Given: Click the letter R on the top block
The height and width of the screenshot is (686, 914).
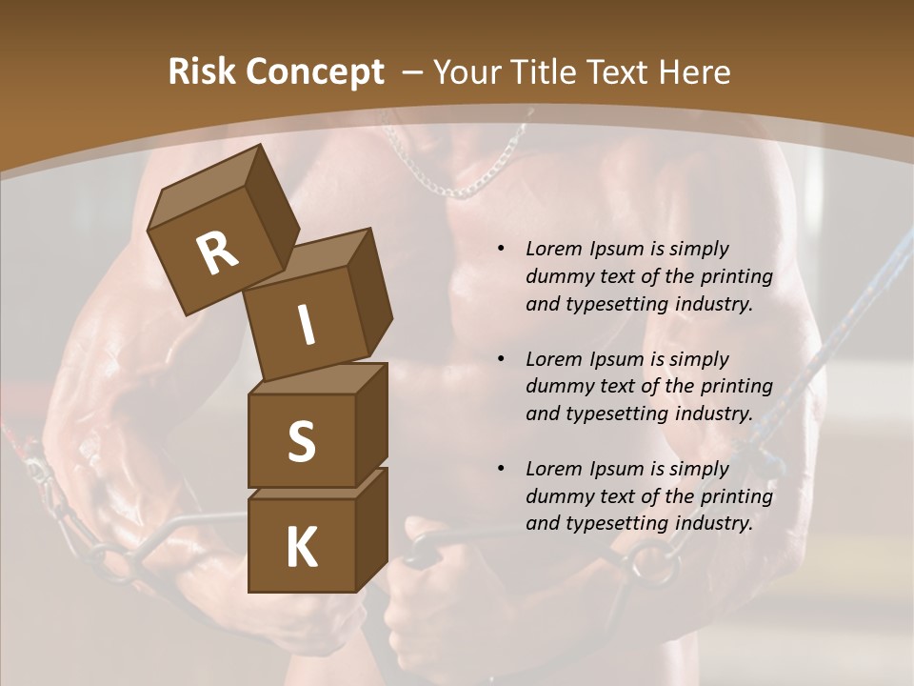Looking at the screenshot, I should click(x=217, y=253).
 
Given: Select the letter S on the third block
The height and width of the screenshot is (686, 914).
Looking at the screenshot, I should click(x=301, y=441).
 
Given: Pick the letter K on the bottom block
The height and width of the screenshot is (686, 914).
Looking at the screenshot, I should click(x=301, y=547).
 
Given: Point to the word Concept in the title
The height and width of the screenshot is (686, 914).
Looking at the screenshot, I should click(x=314, y=72).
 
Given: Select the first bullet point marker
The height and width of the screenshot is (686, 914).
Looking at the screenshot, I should click(x=501, y=250).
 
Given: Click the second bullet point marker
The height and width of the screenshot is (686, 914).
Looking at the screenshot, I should click(x=501, y=359).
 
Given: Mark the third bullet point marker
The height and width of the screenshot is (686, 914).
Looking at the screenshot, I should click(x=501, y=469).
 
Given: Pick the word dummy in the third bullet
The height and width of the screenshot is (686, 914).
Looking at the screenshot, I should click(x=562, y=496).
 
